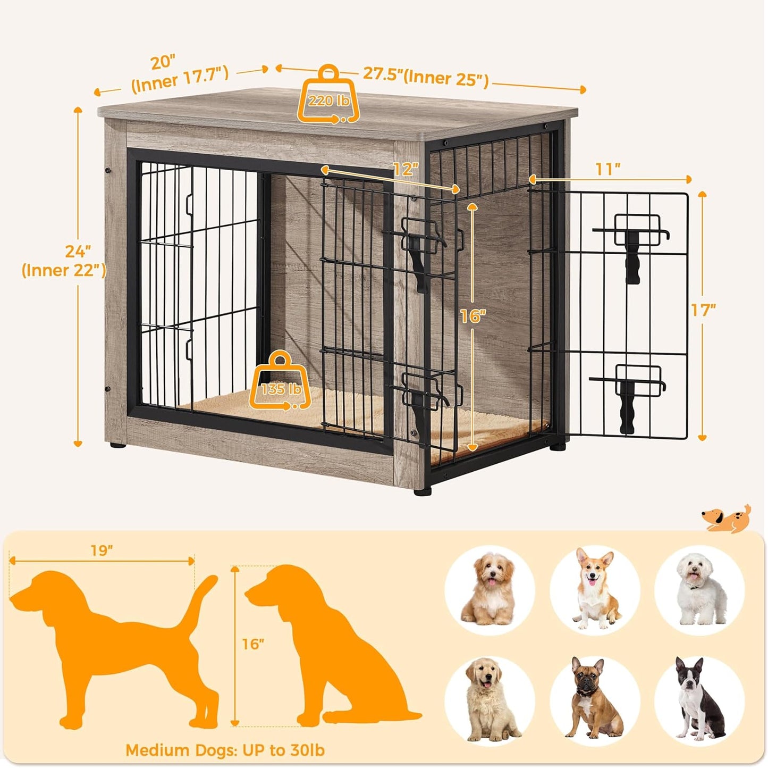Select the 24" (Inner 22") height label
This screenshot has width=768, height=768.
pos(64,261)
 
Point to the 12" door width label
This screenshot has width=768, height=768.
pos(406,169)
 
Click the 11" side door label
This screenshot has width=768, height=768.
pos(607,169)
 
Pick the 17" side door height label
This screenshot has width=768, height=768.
pos(703,310)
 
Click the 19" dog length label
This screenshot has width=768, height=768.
pos(102,550)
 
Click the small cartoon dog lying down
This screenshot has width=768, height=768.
pos(727,518)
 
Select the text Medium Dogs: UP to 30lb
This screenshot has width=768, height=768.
pos(225,750)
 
